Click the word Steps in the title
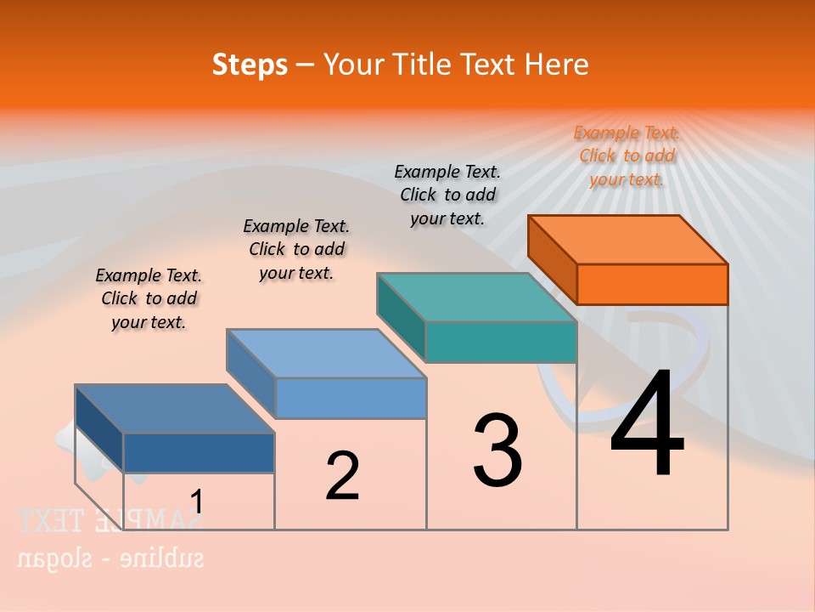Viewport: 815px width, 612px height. pyautogui.click(x=250, y=65)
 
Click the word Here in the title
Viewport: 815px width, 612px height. pyautogui.click(x=556, y=65)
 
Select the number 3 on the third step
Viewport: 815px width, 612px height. pyautogui.click(x=497, y=450)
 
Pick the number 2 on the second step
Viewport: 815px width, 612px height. pyautogui.click(x=342, y=476)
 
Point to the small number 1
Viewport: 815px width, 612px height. pyautogui.click(x=197, y=502)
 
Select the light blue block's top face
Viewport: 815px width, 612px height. pyautogui.click(x=326, y=353)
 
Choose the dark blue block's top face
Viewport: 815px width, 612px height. pyautogui.click(x=175, y=409)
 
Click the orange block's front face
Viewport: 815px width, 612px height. pyautogui.click(x=652, y=284)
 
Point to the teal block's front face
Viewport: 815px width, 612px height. pyautogui.click(x=501, y=342)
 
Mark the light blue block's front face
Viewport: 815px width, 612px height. pyautogui.click(x=351, y=398)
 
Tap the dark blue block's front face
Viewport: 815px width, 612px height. pyautogui.click(x=199, y=452)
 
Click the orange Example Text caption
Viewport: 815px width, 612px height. pyautogui.click(x=627, y=156)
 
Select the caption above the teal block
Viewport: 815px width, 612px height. pyautogui.click(x=447, y=195)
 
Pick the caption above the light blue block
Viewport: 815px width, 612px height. pyautogui.click(x=296, y=249)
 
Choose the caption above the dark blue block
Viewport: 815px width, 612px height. pyautogui.click(x=149, y=298)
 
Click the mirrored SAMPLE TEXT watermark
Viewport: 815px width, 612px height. pyautogui.click(x=110, y=520)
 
